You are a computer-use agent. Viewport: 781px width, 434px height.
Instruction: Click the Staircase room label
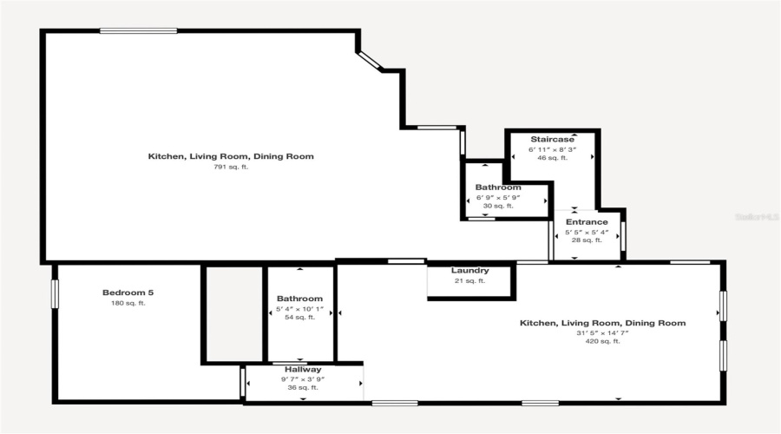[x=552, y=139]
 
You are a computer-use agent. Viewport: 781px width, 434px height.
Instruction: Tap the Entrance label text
[x=587, y=222]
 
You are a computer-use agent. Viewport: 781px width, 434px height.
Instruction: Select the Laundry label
[x=469, y=271]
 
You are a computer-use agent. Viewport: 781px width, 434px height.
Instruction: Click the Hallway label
[x=303, y=369]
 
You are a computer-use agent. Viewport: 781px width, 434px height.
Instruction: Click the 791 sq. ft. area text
[x=231, y=167]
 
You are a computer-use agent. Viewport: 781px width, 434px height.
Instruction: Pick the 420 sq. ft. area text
[x=602, y=342]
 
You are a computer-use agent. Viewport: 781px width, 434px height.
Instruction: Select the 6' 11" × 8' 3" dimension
[x=552, y=149]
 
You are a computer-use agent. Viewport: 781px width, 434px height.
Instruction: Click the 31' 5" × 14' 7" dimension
[x=602, y=332]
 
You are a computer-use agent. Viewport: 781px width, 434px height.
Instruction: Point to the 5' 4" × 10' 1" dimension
[x=299, y=308]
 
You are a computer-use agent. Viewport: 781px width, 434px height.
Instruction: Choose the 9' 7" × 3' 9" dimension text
[x=303, y=378]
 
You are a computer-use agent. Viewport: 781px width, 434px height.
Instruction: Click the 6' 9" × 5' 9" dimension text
[x=498, y=197]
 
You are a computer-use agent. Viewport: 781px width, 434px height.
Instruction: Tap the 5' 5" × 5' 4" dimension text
[x=587, y=232]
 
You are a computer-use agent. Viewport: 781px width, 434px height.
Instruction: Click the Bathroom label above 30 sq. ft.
[x=498, y=187]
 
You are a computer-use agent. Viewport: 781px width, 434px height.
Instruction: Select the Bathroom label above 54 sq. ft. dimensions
[x=299, y=299]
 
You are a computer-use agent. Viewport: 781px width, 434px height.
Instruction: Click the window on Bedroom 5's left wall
[x=55, y=293]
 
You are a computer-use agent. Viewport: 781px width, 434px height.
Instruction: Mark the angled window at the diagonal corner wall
[x=369, y=60]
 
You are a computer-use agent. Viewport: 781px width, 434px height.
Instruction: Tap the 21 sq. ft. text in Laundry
[x=469, y=280]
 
